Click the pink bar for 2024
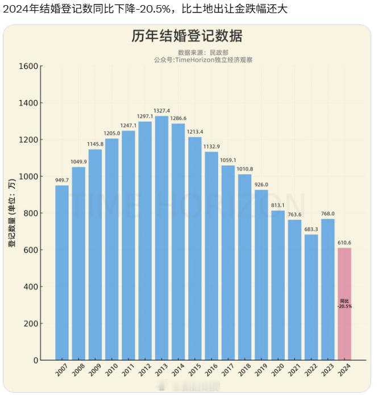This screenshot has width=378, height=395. (x=344, y=304)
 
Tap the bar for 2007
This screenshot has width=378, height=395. (x=62, y=273)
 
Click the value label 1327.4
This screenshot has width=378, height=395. (x=161, y=111)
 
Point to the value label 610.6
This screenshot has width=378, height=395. (x=344, y=242)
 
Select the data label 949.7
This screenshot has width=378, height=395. (x=62, y=180)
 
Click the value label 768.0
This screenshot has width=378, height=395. (x=328, y=214)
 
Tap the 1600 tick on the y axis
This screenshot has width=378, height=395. (x=29, y=66)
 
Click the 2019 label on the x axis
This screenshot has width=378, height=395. (x=260, y=370)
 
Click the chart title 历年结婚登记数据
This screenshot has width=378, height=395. (x=187, y=36)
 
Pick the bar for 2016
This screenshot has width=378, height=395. (x=211, y=256)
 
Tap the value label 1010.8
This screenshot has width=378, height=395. (x=244, y=169)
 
